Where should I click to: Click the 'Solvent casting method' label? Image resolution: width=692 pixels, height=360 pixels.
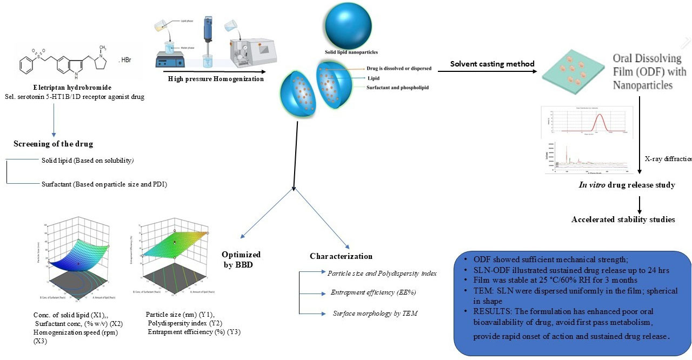click(x=493, y=64)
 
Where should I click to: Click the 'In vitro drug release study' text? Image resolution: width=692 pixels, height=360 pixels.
click(x=623, y=185)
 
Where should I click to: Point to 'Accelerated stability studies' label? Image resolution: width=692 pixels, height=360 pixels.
click(x=623, y=219)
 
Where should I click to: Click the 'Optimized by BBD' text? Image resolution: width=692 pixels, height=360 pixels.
click(x=241, y=259)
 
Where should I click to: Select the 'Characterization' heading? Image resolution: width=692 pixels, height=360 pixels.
click(x=341, y=256)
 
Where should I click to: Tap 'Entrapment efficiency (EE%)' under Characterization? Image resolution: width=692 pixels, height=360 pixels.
click(x=373, y=292)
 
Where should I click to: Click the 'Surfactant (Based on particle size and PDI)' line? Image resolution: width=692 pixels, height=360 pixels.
click(x=104, y=184)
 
